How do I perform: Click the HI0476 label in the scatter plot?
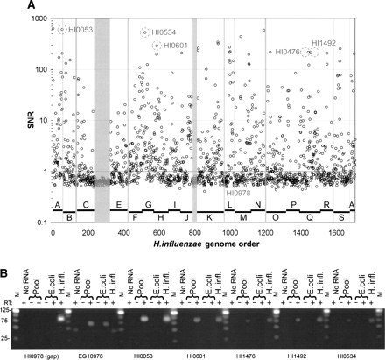287,53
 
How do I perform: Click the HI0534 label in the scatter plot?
165,32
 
